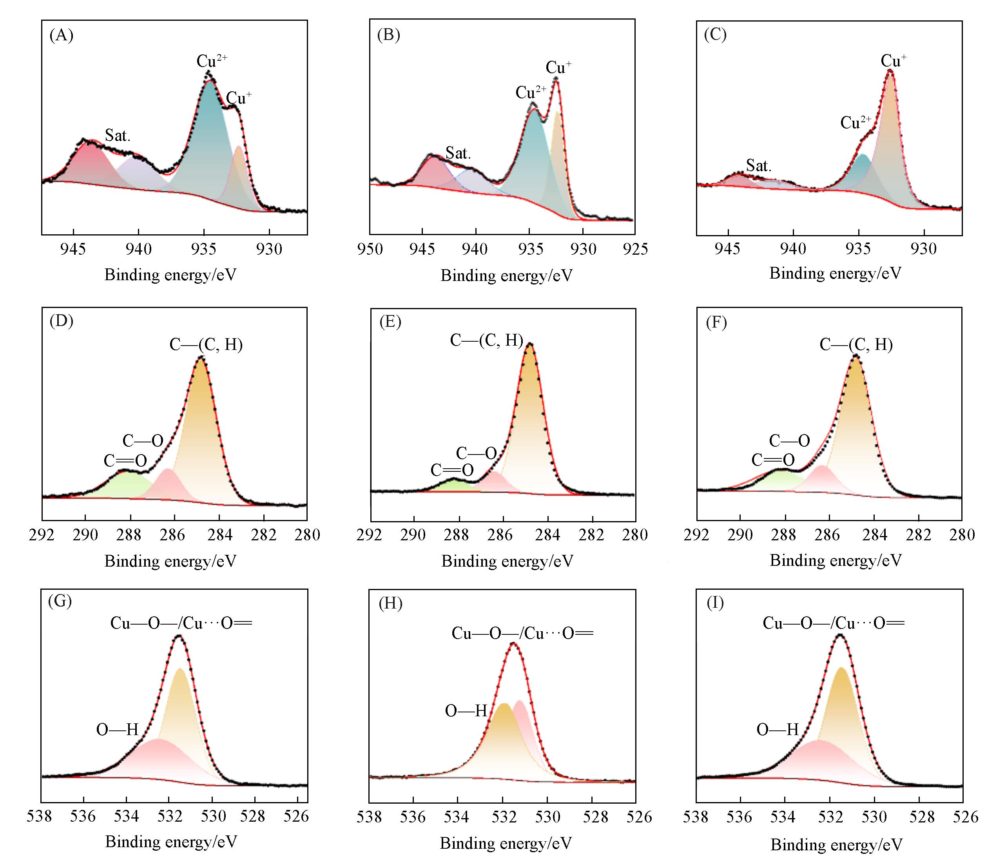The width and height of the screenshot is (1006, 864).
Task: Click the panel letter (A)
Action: (61, 35)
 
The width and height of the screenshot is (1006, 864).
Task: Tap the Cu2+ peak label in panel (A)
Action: (212, 61)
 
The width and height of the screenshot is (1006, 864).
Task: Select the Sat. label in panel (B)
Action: (459, 153)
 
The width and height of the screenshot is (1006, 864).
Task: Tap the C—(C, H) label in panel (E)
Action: (486, 340)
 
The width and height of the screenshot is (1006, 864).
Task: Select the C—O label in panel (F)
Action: (789, 441)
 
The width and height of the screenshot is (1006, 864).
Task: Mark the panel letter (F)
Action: (716, 323)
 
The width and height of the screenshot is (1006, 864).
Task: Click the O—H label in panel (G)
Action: (118, 730)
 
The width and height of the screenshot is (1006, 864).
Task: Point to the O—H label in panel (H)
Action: (466, 711)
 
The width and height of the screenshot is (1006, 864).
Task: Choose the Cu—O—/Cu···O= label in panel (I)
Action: (833, 623)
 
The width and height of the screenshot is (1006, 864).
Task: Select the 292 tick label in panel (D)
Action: (42, 534)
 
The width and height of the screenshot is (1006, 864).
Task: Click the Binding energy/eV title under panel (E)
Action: (507, 561)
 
